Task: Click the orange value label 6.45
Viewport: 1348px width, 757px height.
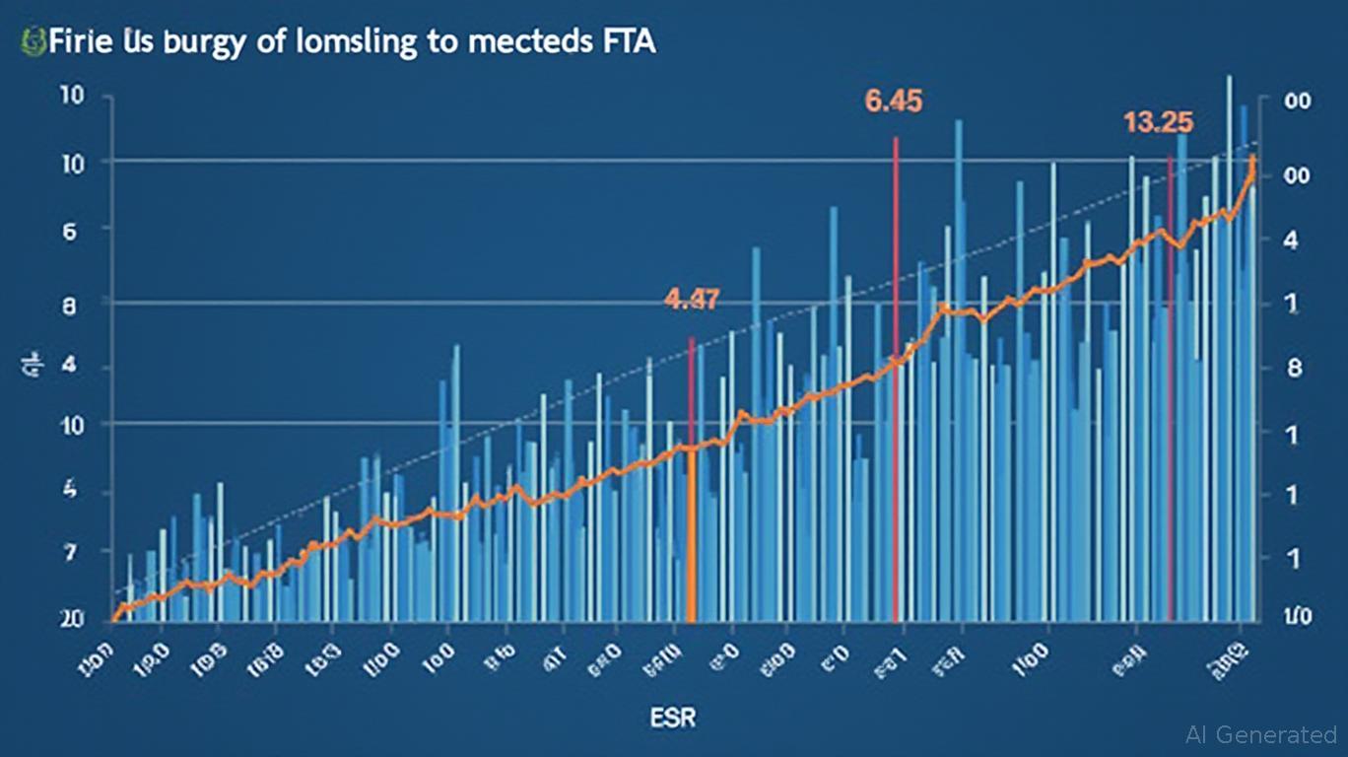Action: click(x=894, y=102)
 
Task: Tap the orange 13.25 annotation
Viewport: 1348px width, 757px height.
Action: click(x=1158, y=122)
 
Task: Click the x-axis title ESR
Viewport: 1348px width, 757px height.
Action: click(x=673, y=717)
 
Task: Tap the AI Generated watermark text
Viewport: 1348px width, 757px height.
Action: click(x=1261, y=734)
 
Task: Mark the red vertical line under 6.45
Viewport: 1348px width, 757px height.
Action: click(x=895, y=394)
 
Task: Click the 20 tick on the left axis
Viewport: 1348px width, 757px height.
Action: click(x=71, y=618)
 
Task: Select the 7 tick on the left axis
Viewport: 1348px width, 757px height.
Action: click(x=69, y=553)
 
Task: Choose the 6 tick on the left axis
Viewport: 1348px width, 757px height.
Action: click(x=70, y=230)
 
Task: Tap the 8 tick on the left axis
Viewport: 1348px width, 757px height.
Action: click(x=69, y=306)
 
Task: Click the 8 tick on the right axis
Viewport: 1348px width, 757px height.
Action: click(x=1295, y=368)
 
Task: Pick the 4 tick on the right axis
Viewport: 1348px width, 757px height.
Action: click(x=1292, y=240)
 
